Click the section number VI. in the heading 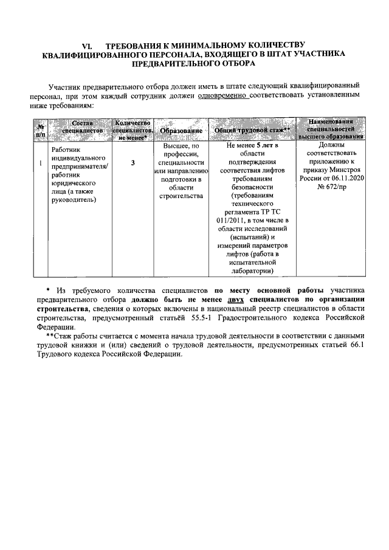tap(86, 45)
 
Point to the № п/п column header tap(41, 130)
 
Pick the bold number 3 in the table tap(133, 163)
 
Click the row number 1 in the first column tap(40, 163)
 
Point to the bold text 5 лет tap(263, 146)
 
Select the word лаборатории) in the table tap(252, 271)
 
